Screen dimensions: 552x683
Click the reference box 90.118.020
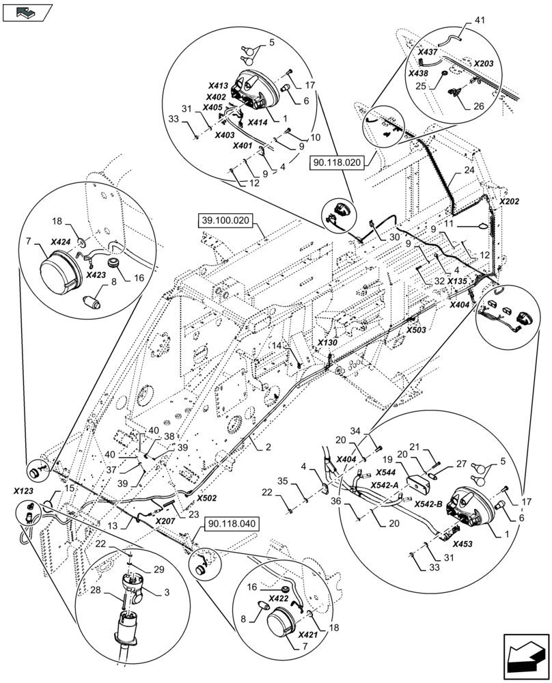[336, 163]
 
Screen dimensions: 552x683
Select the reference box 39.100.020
[225, 221]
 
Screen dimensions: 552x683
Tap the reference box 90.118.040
[232, 524]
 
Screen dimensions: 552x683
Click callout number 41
[479, 20]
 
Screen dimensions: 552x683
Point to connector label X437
[428, 53]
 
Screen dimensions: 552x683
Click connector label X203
[484, 64]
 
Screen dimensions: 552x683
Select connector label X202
[509, 202]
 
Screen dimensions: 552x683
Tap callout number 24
[469, 170]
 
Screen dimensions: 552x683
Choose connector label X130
[327, 343]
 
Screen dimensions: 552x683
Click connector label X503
[416, 330]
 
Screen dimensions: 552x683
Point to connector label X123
[23, 491]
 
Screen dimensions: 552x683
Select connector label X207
[165, 521]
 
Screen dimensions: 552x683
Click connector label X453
[463, 544]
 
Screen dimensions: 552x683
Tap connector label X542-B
[428, 505]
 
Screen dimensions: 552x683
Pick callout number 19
[388, 460]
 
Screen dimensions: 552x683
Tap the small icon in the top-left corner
[27, 13]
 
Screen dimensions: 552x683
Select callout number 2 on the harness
[268, 447]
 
